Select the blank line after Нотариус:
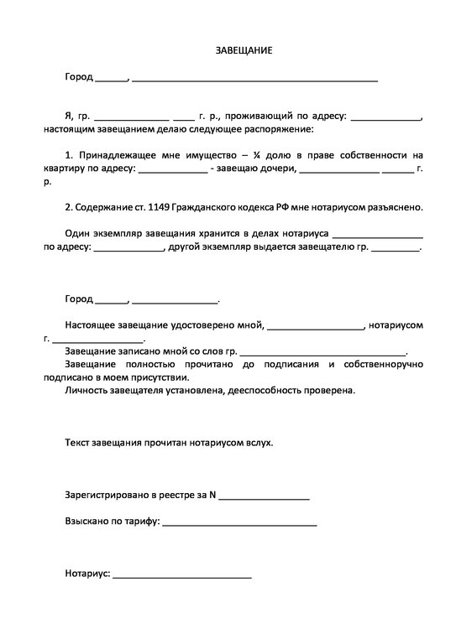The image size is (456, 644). click(181, 574)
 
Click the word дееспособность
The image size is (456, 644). click(263, 390)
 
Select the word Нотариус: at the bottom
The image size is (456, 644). click(87, 574)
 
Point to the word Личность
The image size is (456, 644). click(85, 390)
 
